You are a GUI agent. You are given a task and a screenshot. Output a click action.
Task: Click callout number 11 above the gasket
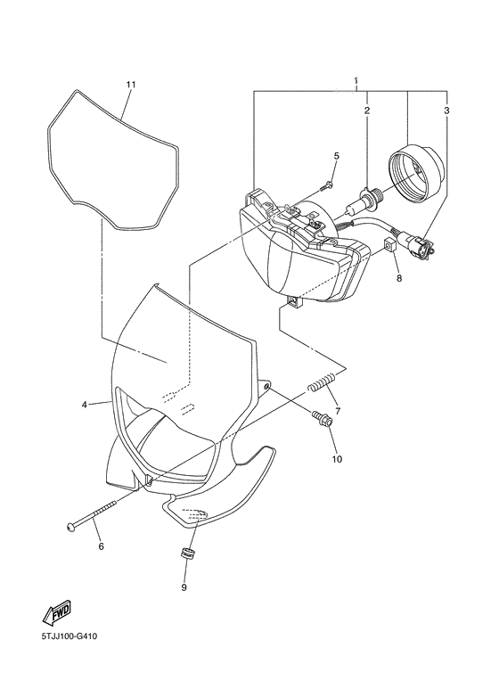[131, 85]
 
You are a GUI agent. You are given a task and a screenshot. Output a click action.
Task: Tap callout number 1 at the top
[356, 81]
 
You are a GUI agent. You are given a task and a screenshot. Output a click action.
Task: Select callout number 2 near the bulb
[367, 111]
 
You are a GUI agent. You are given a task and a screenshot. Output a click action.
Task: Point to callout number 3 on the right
[446, 111]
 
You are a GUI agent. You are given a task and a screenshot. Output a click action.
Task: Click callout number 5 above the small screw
[337, 156]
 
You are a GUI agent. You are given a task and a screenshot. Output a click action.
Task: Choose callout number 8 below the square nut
[399, 278]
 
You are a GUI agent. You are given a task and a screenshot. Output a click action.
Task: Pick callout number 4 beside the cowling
[85, 405]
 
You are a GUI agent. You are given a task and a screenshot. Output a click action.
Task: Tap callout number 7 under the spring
[338, 411]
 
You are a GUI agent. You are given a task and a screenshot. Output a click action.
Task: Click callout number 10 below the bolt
[337, 459]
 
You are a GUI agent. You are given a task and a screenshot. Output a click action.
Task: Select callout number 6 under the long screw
[101, 546]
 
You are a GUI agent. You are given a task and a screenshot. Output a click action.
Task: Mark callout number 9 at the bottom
[184, 587]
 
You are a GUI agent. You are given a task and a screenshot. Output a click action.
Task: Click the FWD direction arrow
[57, 612]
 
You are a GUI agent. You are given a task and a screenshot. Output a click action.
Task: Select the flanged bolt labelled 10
[322, 417]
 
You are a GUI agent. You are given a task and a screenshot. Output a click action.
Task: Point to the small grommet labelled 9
[188, 554]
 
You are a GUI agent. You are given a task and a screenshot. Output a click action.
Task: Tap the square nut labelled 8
[389, 245]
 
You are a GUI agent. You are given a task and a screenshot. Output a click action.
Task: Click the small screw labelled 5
[326, 186]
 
